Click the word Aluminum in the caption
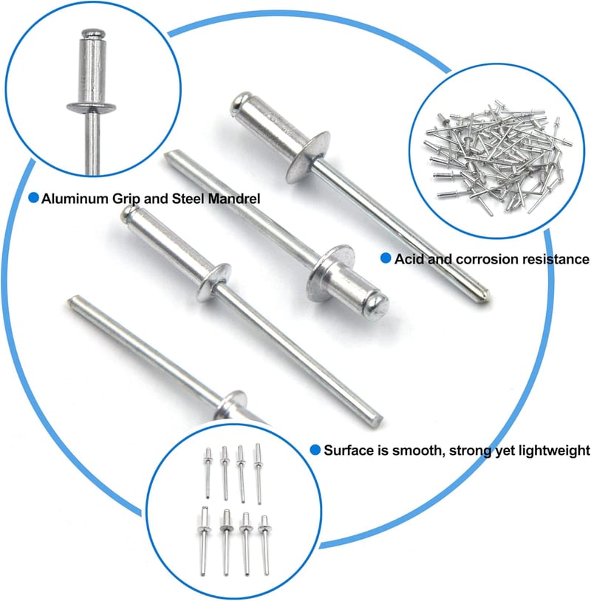pos(75,199)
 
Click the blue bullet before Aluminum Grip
pos(34,198)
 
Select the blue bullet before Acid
pos(386,258)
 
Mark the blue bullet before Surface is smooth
pos(315,450)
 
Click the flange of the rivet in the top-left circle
pos(92,108)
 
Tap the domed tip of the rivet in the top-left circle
pos(92,33)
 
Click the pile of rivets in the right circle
pos(498,157)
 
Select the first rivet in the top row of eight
pos(208,473)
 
